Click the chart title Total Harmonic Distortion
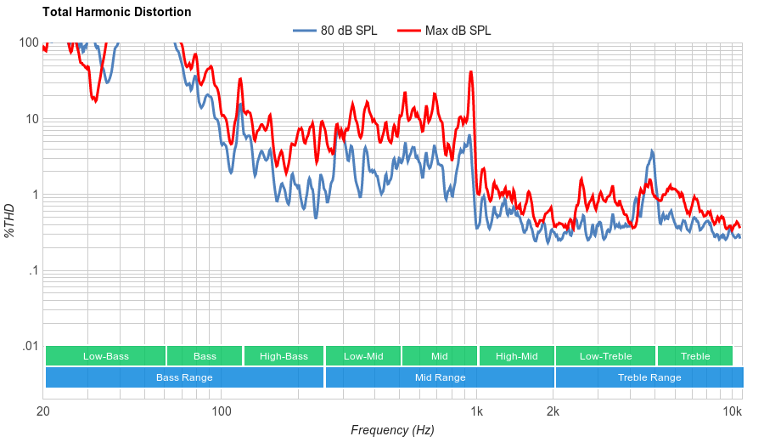pos(116,12)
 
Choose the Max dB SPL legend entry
pos(458,31)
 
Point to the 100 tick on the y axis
pos(29,43)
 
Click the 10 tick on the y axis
pos(32,119)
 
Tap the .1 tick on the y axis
pos(33,270)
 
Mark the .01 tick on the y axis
pos(31,346)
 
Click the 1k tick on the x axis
pos(477,412)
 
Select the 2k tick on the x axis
pos(553,412)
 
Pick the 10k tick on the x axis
pos(733,412)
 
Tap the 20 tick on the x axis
pos(44,412)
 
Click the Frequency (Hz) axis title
pos(392,430)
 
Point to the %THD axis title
pos(10,220)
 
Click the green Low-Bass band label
pos(106,356)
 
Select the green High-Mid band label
pos(516,356)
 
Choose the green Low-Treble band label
pos(605,356)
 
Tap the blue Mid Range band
pos(440,377)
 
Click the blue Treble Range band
pos(649,377)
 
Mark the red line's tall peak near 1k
pos(471,72)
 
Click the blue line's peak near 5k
pos(652,151)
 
